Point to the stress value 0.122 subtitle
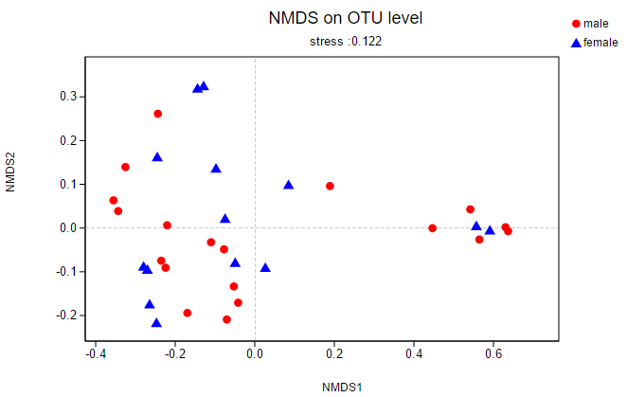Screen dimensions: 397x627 [346, 42]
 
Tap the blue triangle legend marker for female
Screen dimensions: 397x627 [575, 43]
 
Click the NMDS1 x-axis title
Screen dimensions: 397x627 [342, 387]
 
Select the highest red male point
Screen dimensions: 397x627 [158, 114]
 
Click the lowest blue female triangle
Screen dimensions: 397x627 [156, 323]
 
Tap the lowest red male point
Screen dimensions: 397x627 [226, 319]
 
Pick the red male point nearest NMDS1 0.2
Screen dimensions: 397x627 [330, 186]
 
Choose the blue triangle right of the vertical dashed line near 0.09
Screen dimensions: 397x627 [289, 185]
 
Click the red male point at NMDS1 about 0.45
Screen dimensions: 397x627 [433, 228]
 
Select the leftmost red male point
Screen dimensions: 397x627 [114, 201]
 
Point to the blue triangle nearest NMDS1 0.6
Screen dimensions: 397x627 [490, 230]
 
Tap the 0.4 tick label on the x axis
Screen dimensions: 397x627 [414, 354]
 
